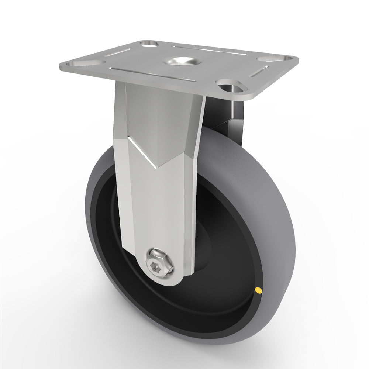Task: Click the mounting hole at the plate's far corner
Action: click(149, 44)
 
